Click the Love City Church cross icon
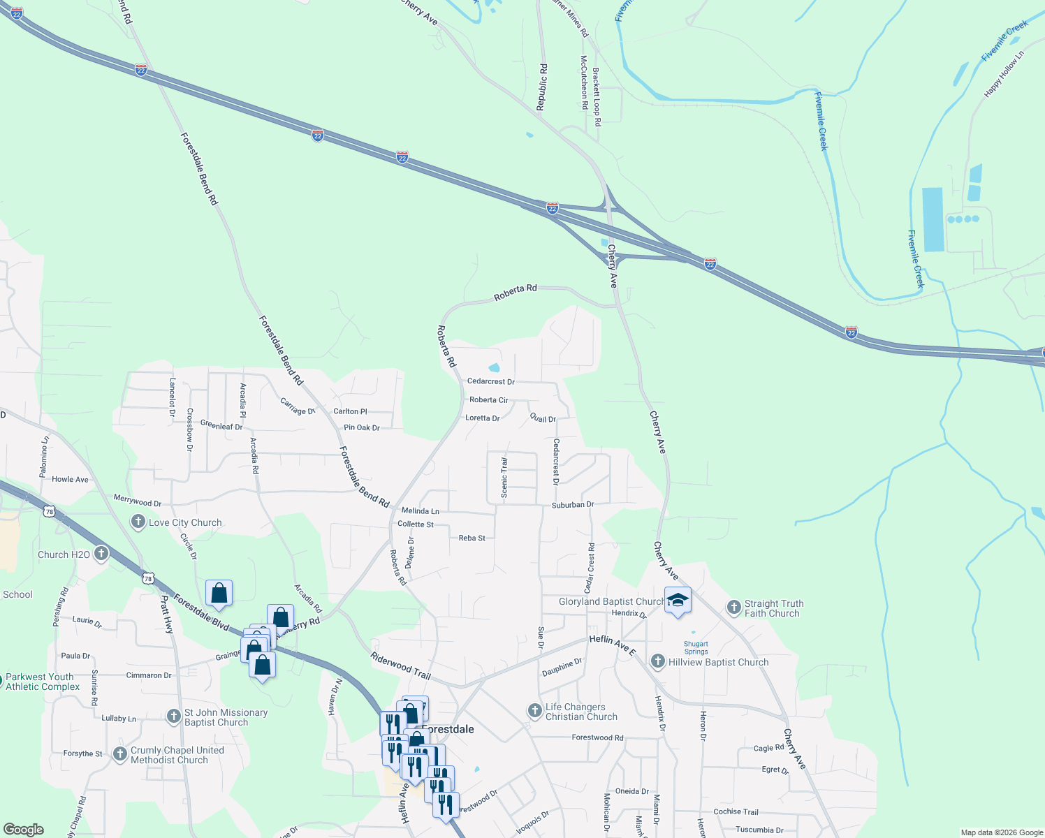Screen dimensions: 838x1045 [x=138, y=522]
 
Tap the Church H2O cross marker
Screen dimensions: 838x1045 [x=101, y=554]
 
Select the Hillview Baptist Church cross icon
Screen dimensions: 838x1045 [x=657, y=661]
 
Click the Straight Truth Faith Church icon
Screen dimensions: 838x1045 [x=733, y=607]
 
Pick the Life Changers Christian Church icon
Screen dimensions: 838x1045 [x=534, y=711]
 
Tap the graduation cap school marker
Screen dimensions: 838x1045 [x=678, y=600]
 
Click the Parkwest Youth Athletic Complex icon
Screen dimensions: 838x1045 [x=2, y=678]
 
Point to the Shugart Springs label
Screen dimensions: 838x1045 [x=696, y=648]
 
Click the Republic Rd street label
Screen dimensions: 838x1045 [x=542, y=87]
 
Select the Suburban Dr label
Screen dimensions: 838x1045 [x=573, y=504]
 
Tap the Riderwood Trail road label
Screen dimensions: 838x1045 [x=401, y=666]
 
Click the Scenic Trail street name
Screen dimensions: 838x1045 [x=504, y=478]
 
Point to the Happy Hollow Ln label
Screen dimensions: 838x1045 [x=1004, y=74]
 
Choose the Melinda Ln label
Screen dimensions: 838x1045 [x=421, y=511]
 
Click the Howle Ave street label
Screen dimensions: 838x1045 [x=70, y=479]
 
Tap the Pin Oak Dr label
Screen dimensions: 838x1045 [x=362, y=427]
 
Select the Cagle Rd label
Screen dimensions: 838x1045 [x=768, y=748]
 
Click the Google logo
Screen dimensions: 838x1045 [x=24, y=830]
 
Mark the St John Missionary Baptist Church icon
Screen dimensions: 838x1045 [x=174, y=716]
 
